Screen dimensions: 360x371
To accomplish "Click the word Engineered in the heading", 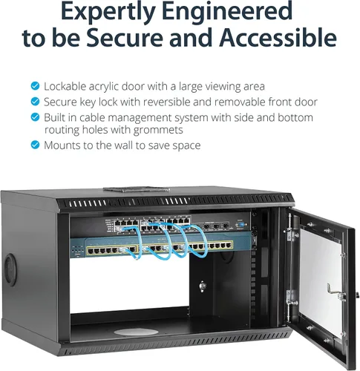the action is coord(228,11).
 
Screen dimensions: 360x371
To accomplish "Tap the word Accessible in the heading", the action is coord(278,37).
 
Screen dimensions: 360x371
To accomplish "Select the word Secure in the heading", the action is coord(125,37).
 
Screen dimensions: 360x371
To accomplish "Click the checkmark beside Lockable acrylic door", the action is coord(35,86).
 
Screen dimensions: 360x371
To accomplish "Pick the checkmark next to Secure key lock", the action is coord(35,102).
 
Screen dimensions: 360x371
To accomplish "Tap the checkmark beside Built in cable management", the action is coord(35,117).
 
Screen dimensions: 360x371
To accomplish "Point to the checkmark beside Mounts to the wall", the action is coord(35,145).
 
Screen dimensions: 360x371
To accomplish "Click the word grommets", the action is coord(158,131).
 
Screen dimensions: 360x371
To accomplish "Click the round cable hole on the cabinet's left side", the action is coord(10,270).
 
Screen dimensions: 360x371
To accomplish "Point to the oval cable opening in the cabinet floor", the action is coord(136,332).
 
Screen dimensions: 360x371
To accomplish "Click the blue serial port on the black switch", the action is coord(240,225).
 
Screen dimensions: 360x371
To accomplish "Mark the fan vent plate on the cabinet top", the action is coord(137,190).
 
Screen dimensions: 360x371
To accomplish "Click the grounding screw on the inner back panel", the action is coord(203,286).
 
